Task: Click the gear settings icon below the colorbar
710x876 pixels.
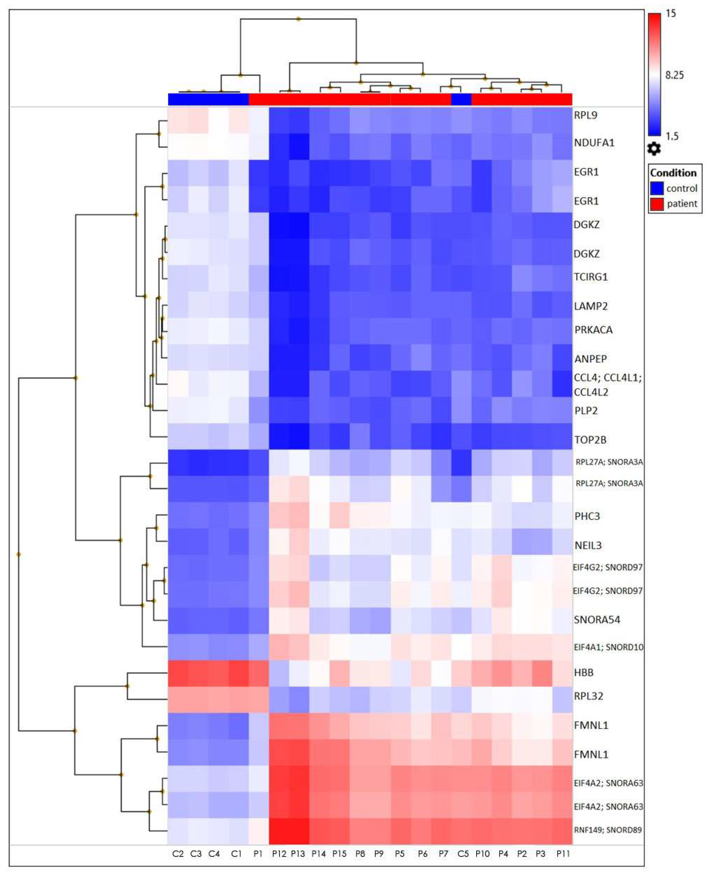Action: pyautogui.click(x=654, y=149)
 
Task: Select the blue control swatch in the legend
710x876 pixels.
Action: pyautogui.click(x=657, y=188)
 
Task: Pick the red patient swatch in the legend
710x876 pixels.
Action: pyautogui.click(x=657, y=203)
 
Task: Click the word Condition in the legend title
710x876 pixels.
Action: pyautogui.click(x=673, y=173)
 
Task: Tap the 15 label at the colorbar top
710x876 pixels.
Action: pyautogui.click(x=671, y=14)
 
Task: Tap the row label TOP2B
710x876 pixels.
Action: pyautogui.click(x=590, y=440)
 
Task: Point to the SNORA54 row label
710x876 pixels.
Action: pyautogui.click(x=597, y=619)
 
